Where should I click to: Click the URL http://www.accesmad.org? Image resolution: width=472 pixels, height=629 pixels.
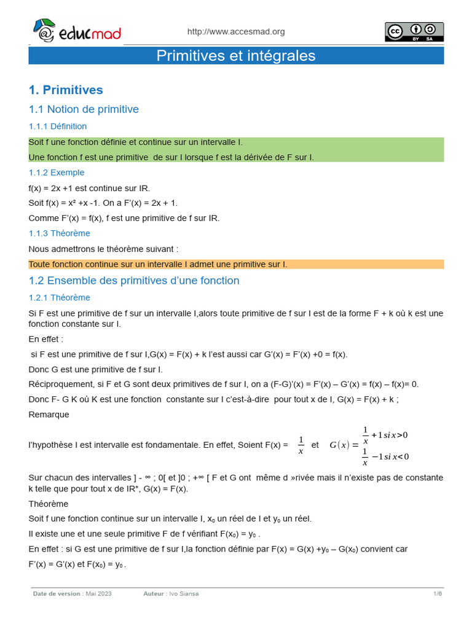[x=235, y=32]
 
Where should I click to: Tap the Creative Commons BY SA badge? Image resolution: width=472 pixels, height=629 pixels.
[x=414, y=32]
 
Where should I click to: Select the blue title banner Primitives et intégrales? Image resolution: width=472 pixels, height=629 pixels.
[x=236, y=56]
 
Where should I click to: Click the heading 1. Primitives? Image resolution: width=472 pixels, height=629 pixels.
[x=66, y=90]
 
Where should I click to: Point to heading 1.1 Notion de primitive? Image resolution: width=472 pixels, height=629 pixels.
[x=84, y=109]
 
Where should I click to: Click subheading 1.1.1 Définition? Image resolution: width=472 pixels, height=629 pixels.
[x=58, y=127]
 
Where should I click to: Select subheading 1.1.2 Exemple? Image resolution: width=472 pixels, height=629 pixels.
[x=57, y=173]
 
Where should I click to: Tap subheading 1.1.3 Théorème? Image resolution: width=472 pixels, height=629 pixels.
[x=59, y=233]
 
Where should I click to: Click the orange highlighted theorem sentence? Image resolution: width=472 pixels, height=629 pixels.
[x=158, y=265]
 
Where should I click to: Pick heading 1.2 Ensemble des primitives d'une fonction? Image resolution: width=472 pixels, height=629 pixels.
[x=134, y=281]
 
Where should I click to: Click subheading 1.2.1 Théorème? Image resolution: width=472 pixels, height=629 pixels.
[x=59, y=298]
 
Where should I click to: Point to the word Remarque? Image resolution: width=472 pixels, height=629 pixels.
[x=49, y=415]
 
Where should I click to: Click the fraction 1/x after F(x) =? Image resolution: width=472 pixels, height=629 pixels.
[x=301, y=445]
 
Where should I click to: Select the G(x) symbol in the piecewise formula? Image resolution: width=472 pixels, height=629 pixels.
[x=339, y=445]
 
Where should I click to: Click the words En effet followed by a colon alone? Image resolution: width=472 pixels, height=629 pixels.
[x=46, y=339]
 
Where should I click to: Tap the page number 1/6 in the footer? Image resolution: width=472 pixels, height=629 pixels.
[x=438, y=594]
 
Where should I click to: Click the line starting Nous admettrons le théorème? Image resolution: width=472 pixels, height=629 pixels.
[x=103, y=249]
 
